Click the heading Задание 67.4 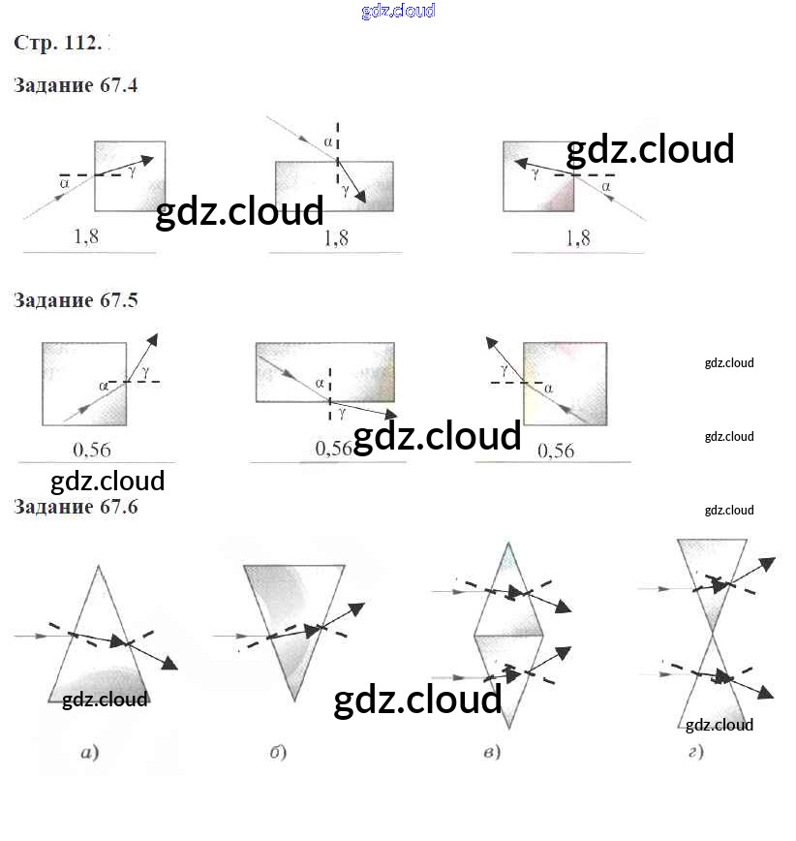[76, 85]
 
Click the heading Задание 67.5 [76, 300]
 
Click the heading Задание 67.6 [76, 507]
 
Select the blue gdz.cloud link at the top [398, 11]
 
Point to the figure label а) [89, 752]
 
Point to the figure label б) [278, 752]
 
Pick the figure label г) [695, 752]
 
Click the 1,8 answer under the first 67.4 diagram [87, 235]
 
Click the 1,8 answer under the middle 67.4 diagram [336, 236]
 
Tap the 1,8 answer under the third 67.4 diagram [576, 236]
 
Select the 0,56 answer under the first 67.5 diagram [92, 450]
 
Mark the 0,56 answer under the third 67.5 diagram [555, 451]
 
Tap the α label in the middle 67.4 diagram [328, 141]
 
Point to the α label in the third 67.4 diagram [606, 185]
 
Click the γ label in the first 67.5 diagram [145, 371]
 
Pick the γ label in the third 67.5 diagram [505, 369]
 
